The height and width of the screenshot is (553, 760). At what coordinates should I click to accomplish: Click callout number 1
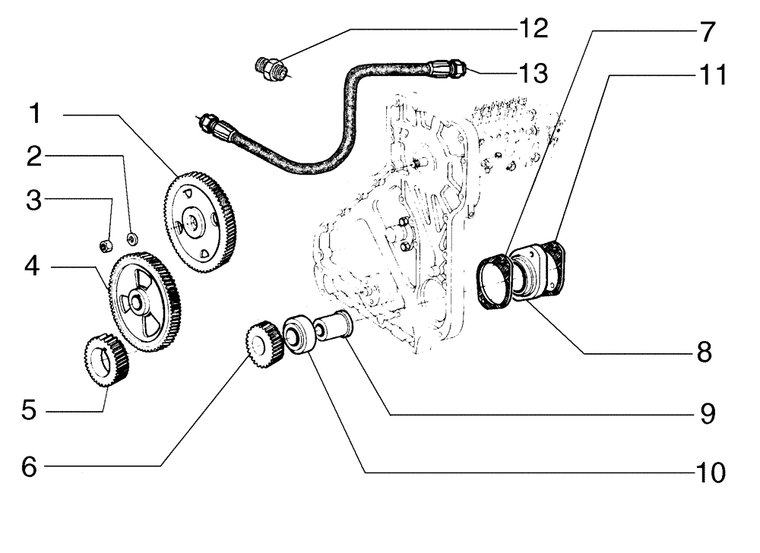point(35,116)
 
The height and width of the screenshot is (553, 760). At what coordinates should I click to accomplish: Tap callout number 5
point(28,411)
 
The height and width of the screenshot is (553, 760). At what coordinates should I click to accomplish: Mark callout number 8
point(704,352)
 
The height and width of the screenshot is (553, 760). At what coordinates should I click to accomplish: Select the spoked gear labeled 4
point(145,304)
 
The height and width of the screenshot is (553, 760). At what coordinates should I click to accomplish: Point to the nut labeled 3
point(107,245)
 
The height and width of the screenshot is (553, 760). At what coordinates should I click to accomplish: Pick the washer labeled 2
point(133,239)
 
